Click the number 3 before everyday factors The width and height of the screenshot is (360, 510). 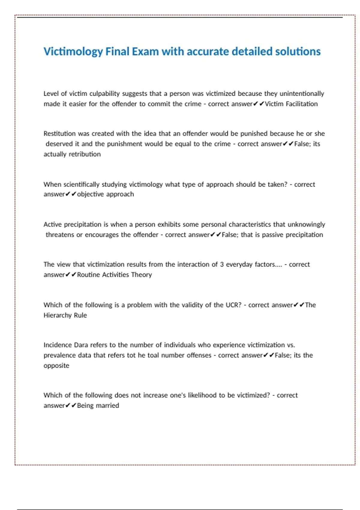point(222,264)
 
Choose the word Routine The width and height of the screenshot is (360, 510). point(88,274)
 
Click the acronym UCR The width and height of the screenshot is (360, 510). point(233,305)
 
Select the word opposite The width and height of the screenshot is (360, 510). point(56,366)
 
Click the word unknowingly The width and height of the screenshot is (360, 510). point(306,224)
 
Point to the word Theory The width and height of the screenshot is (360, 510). point(142,274)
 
